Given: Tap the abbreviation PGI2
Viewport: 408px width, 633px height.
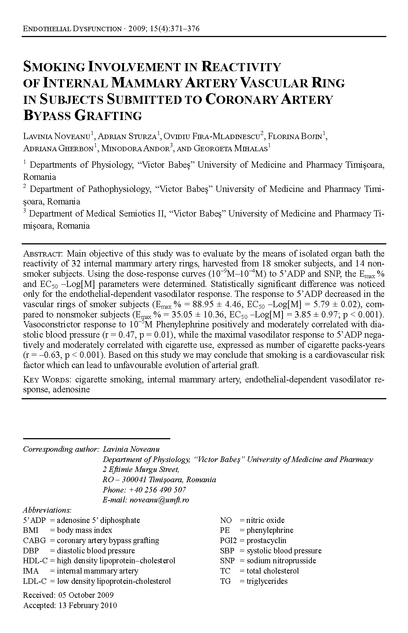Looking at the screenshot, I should [227, 541].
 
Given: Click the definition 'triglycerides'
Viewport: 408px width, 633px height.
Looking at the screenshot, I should [267, 581].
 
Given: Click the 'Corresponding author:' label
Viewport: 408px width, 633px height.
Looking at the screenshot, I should [61, 449].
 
